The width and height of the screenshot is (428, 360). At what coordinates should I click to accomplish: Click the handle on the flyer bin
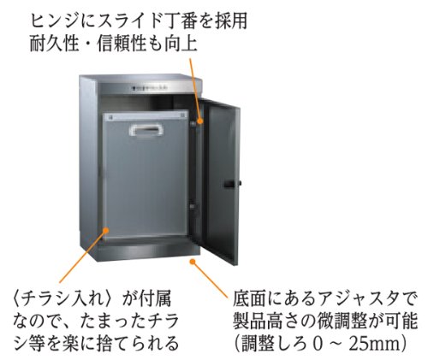(x=146, y=130)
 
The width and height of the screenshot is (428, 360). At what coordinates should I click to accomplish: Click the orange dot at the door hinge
(x=200, y=121)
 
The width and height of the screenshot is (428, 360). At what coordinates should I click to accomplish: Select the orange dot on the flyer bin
(x=106, y=230)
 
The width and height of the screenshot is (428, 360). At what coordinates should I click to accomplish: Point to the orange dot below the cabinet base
(x=193, y=261)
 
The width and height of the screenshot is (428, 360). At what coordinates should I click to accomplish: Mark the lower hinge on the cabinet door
(x=193, y=206)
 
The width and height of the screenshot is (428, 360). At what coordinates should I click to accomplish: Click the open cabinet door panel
(x=221, y=182)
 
